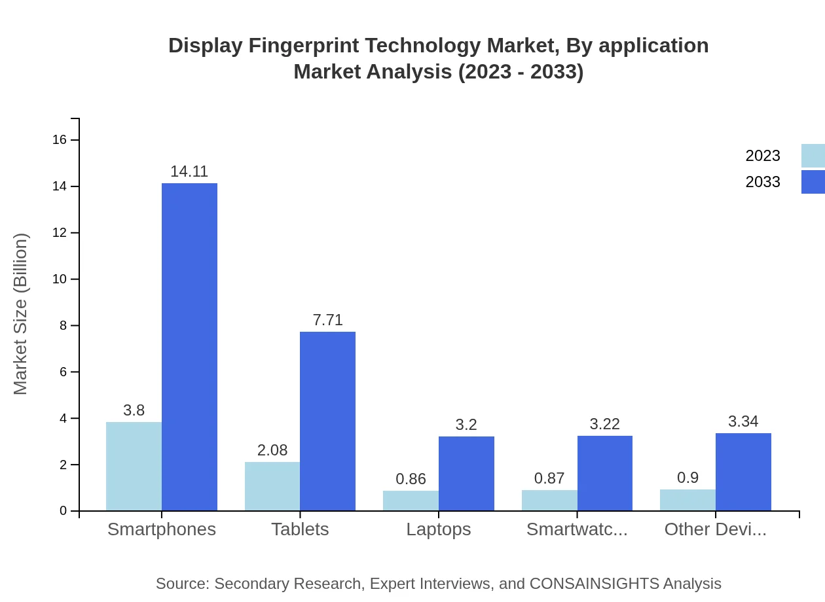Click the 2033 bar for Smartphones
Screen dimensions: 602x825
[x=189, y=347]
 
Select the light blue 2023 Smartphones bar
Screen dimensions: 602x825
[x=134, y=466]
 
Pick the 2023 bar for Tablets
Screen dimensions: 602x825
[x=272, y=486]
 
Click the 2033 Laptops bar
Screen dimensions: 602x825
[x=466, y=473]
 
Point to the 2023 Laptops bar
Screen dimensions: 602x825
[x=411, y=501]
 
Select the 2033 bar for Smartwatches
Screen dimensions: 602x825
[x=604, y=473]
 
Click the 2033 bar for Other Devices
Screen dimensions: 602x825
[x=743, y=472]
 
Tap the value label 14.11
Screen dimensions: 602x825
[x=189, y=171]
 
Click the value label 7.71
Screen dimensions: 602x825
[x=327, y=320]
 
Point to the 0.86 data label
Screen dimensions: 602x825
[x=411, y=478]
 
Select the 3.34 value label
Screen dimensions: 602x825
[x=743, y=421]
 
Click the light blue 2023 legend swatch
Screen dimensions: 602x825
[x=813, y=156]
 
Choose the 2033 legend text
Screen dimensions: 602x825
[x=763, y=182]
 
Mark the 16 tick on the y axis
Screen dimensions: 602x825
[x=59, y=140]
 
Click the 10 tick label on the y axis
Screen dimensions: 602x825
[x=59, y=279]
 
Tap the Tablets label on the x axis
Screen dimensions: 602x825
[x=300, y=529]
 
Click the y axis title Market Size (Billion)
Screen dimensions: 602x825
[x=21, y=314]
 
